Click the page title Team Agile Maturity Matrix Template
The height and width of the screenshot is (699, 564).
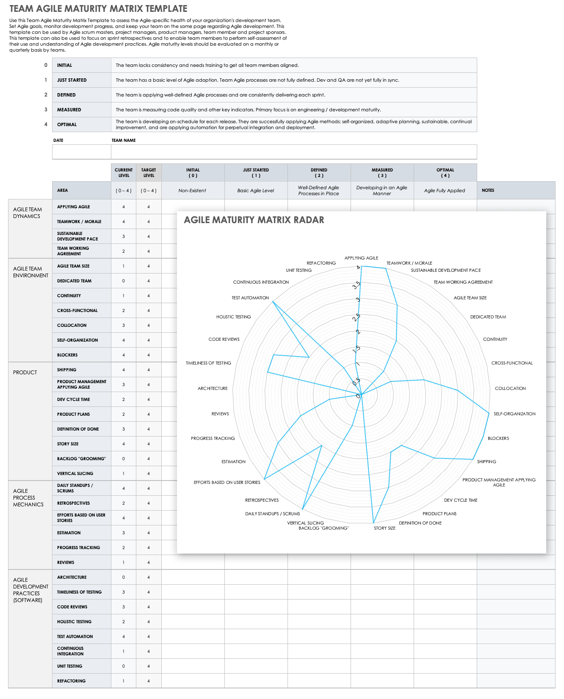pos(98,8)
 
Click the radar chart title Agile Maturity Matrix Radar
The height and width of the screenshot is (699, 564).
pos(254,220)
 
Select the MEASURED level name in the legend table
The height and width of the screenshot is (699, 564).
pos(69,110)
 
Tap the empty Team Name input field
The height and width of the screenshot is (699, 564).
pos(293,152)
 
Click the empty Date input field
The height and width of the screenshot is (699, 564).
pos(81,152)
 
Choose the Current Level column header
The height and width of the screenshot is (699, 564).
pos(124,173)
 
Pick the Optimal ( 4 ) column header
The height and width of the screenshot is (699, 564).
pos(445,173)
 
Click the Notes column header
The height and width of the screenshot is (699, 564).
pos(488,191)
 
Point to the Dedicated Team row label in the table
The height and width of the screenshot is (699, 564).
pos(74,281)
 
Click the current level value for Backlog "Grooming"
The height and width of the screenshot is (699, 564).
pos(124,459)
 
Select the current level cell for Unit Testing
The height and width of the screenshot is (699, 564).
pos(124,666)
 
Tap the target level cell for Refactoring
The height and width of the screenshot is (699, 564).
pos(149,681)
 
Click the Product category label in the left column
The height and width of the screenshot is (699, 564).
pos(25,373)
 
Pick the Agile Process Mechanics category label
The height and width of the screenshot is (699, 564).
pos(28,497)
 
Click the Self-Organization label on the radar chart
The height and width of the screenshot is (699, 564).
pos(514,414)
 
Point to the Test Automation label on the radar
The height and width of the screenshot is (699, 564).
pos(250,298)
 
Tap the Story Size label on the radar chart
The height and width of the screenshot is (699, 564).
pos(384,528)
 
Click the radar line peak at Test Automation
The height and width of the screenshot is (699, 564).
pos(273,301)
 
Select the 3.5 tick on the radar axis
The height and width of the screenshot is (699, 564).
pos(357,285)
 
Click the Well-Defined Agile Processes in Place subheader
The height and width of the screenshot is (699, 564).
pos(318,191)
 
